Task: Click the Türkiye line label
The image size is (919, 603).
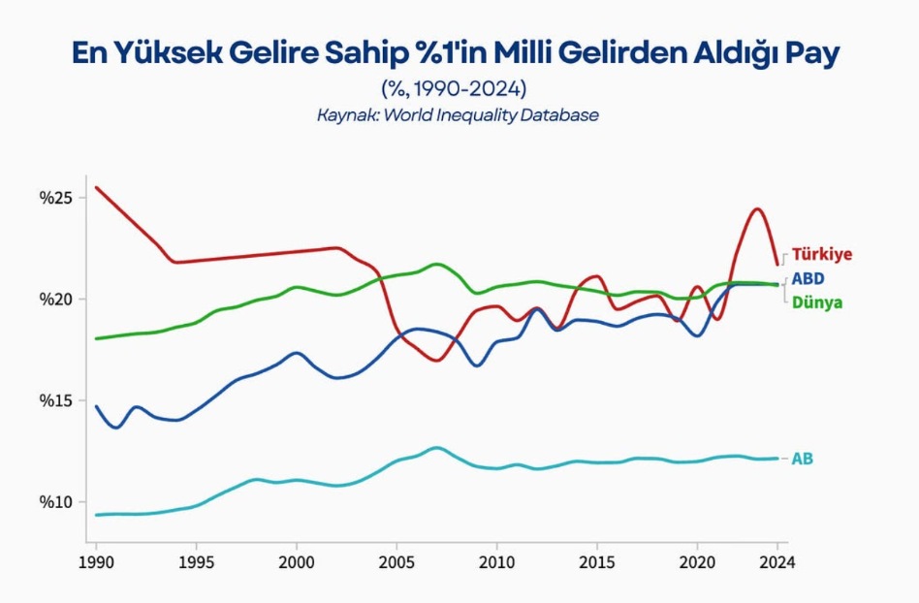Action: tap(822, 254)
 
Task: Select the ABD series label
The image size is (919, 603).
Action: tap(808, 278)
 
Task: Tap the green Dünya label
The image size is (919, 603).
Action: tap(817, 302)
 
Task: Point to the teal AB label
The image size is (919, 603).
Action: tap(803, 459)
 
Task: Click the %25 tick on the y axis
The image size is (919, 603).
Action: tap(55, 198)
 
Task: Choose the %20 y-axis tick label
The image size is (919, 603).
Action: tap(55, 299)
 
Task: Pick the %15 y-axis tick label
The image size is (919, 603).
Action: tap(55, 400)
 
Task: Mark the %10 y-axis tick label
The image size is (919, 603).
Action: tap(55, 502)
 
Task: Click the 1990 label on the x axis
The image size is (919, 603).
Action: tap(96, 562)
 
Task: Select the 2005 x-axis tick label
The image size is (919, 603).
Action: tap(396, 562)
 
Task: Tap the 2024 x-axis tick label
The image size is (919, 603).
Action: tap(777, 562)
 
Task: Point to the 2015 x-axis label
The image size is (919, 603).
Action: tap(596, 562)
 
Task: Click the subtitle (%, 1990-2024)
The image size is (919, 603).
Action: tap(455, 89)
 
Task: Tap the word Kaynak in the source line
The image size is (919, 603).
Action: tap(348, 114)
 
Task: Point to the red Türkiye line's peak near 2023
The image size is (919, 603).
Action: tap(758, 208)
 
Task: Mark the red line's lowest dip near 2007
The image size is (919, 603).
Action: tap(436, 360)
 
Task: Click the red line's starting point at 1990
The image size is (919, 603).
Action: tap(96, 187)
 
